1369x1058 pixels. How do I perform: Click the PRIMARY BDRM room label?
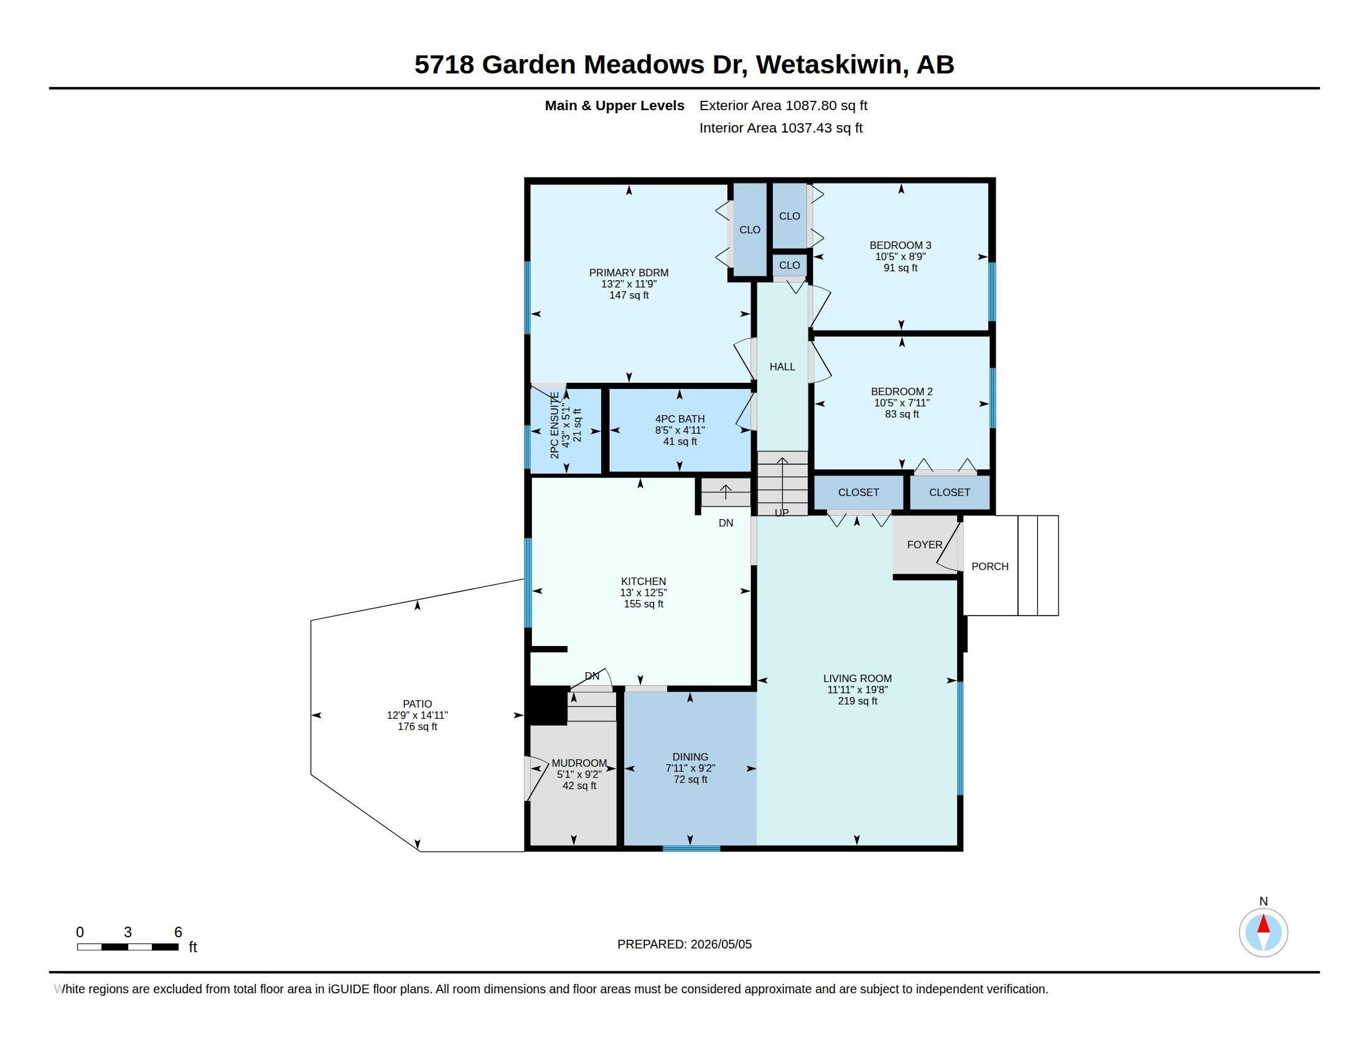(x=628, y=273)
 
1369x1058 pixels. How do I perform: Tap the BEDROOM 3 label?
(x=900, y=245)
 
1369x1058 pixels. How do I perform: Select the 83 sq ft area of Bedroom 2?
(x=902, y=414)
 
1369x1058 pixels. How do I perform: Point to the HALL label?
(x=782, y=367)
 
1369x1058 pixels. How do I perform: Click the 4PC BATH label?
(x=680, y=419)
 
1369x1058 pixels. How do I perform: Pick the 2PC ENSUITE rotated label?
(x=554, y=425)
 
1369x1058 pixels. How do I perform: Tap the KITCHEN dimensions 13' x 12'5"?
(x=644, y=592)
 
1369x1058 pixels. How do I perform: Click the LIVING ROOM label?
(x=857, y=678)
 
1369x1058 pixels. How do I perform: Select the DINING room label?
(x=690, y=757)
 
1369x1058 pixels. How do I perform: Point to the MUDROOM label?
(x=579, y=763)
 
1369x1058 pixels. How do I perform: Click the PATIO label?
(x=418, y=704)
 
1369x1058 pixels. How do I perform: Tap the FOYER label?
(x=925, y=545)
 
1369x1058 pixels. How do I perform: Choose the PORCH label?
(x=990, y=566)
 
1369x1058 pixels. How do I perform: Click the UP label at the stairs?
(x=782, y=513)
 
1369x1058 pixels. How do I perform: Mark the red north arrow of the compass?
(x=1264, y=924)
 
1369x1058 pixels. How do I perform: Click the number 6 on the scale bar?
(x=178, y=932)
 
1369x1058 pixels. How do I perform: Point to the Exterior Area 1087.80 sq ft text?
(x=783, y=105)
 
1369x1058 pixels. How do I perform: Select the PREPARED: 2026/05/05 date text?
(x=684, y=944)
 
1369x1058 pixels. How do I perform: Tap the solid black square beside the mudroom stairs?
(x=546, y=706)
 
